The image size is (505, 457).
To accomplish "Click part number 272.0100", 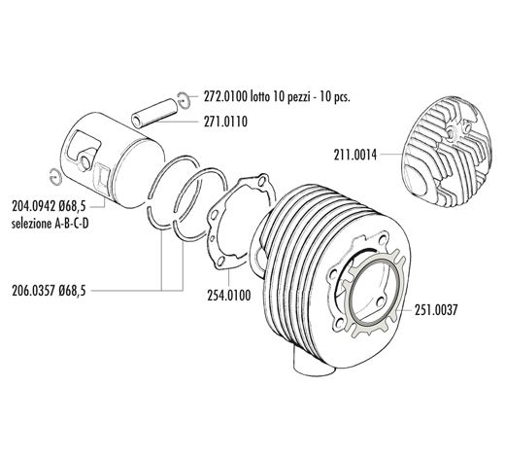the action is [x=225, y=97].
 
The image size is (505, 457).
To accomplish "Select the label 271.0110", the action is [x=225, y=122].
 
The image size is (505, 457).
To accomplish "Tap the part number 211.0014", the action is [x=355, y=155].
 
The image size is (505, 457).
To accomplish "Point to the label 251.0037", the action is [x=436, y=310].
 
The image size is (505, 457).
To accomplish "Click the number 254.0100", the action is [x=229, y=296].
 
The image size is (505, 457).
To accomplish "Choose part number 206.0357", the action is [x=34, y=291].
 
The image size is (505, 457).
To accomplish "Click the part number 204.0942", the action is [x=34, y=206].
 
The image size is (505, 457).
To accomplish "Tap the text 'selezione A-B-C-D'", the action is [x=50, y=224].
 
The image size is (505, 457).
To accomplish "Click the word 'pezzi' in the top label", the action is [x=299, y=97].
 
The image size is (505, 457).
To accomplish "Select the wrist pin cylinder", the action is [x=154, y=111].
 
